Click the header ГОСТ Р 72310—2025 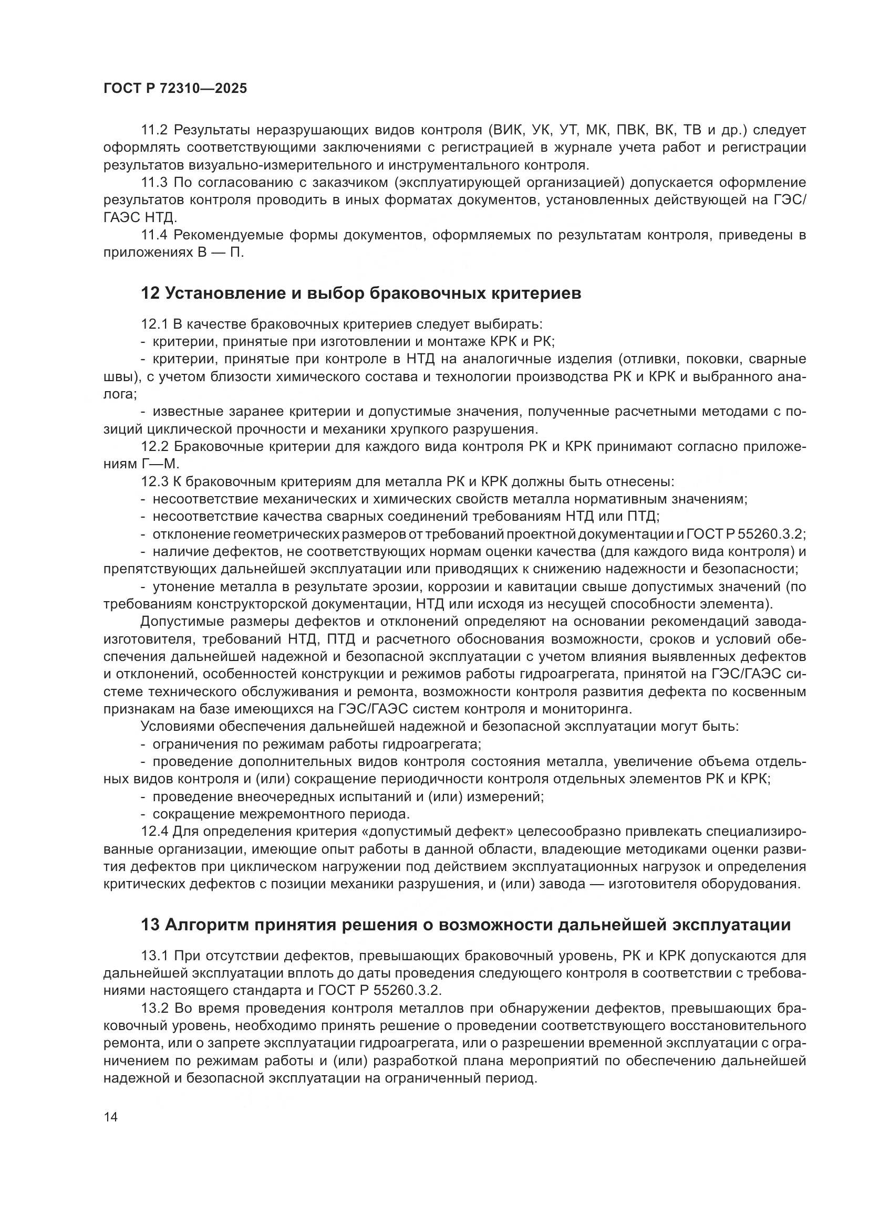(175, 89)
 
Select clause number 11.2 (154, 130)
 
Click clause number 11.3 (154, 183)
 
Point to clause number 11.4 (154, 235)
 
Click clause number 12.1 (154, 324)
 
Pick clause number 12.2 (154, 447)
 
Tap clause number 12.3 (154, 482)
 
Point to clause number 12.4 (154, 832)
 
